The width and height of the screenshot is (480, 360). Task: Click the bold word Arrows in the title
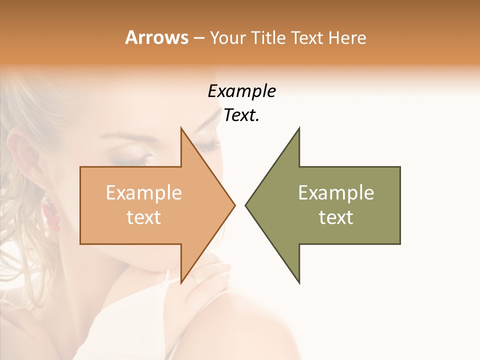click(156, 37)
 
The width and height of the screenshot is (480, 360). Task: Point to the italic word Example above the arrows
click(241, 91)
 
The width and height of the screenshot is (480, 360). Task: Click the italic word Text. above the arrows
click(241, 115)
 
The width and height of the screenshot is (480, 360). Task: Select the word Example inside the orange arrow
click(143, 192)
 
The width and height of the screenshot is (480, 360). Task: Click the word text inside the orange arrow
click(143, 217)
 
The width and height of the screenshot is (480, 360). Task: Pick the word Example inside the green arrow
click(336, 192)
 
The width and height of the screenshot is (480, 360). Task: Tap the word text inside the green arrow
click(336, 217)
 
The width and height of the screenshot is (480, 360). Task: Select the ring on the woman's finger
click(196, 278)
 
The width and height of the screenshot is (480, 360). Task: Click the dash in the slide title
click(198, 38)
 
